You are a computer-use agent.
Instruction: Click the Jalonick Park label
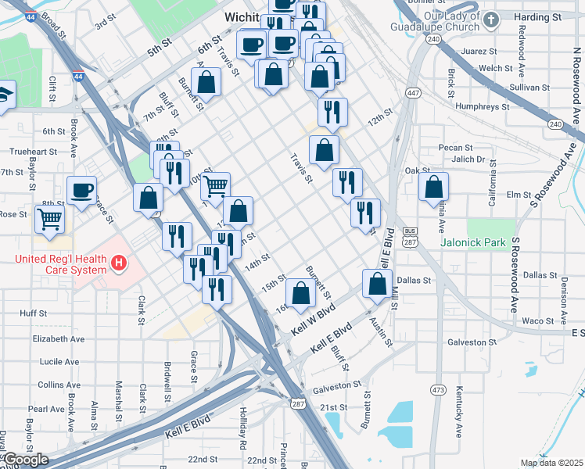pyautogui.click(x=495, y=243)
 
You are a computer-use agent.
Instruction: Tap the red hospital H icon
pyautogui.click(x=118, y=263)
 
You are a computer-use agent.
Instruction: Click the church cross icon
pyautogui.click(x=490, y=20)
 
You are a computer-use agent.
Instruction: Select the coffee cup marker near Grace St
pyautogui.click(x=81, y=191)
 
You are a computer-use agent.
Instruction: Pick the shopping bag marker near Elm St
pyautogui.click(x=433, y=186)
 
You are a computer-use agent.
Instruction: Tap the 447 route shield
pyautogui.click(x=412, y=93)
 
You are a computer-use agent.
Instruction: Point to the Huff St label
pyautogui.click(x=34, y=313)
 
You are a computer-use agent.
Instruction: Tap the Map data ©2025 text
pyautogui.click(x=551, y=463)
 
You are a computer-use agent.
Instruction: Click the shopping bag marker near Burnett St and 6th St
pyautogui.click(x=206, y=81)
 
